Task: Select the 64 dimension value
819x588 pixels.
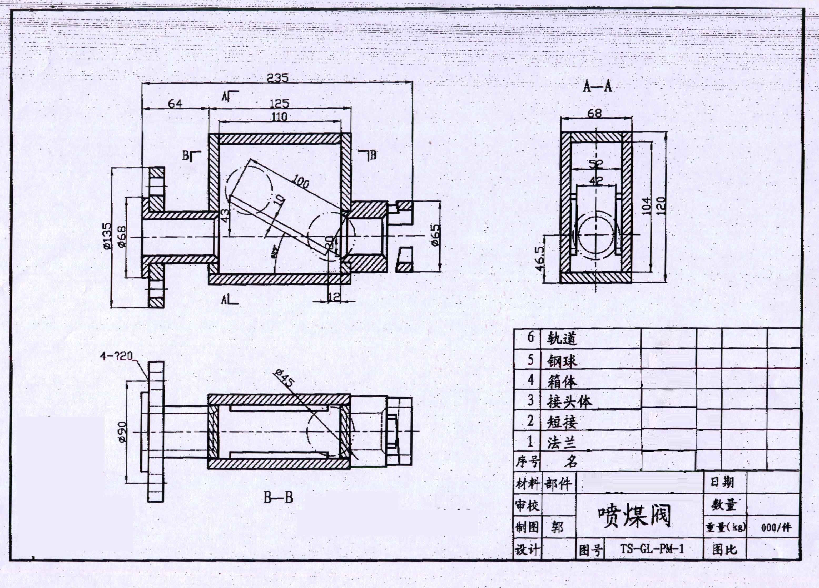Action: click(175, 104)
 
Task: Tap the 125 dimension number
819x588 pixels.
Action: click(279, 104)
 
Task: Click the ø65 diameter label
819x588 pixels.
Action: click(436, 235)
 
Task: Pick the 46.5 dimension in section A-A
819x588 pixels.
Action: click(539, 259)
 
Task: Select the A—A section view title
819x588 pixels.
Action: click(597, 86)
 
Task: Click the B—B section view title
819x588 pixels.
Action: click(278, 498)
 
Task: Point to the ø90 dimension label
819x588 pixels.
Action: click(122, 432)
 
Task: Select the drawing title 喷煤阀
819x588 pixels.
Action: click(634, 516)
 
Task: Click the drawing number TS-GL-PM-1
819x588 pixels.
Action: click(652, 549)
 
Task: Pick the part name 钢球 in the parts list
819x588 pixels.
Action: click(562, 361)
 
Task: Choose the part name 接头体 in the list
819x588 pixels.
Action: click(569, 401)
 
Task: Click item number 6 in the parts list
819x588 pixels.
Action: click(530, 337)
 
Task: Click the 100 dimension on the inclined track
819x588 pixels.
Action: click(300, 182)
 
